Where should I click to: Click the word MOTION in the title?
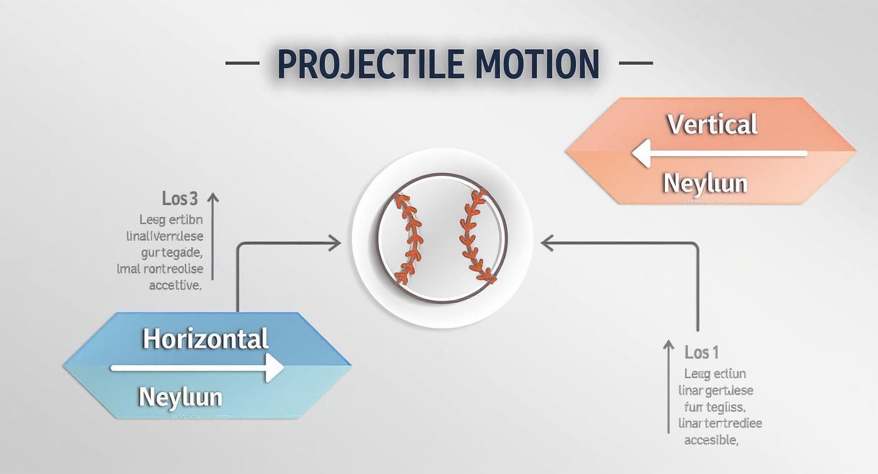(x=536, y=64)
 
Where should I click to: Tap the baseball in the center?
(x=442, y=238)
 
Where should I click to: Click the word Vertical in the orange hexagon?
(x=711, y=124)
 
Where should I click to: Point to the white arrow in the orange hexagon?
(x=719, y=153)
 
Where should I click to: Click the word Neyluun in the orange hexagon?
(x=705, y=183)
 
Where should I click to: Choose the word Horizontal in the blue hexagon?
(x=206, y=339)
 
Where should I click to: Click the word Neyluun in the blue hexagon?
(x=180, y=397)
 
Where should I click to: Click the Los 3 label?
(x=180, y=199)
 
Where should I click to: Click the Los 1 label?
(x=701, y=352)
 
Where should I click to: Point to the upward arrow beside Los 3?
(x=213, y=236)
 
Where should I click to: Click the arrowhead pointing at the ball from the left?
(x=334, y=242)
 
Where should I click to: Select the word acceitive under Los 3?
(x=175, y=285)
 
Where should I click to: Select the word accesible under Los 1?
(x=711, y=440)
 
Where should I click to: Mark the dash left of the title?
(x=242, y=63)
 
